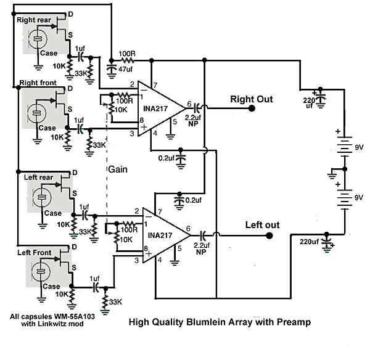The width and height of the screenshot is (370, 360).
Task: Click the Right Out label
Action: point(251,99)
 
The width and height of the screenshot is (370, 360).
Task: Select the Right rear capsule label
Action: point(35,20)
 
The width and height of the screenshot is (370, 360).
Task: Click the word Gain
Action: point(118,168)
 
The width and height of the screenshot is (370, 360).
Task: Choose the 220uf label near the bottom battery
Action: point(311,240)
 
